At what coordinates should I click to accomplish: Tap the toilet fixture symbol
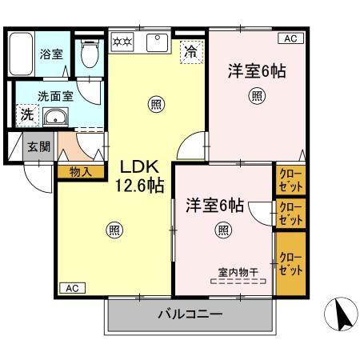90,54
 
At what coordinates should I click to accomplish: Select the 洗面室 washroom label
37,95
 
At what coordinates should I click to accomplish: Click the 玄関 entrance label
37,146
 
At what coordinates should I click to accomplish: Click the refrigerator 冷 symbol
191,51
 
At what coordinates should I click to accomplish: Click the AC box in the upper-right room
289,38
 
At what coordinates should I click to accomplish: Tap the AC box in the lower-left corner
70,288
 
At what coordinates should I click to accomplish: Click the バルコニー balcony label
190,314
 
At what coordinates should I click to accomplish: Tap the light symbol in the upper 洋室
257,97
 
